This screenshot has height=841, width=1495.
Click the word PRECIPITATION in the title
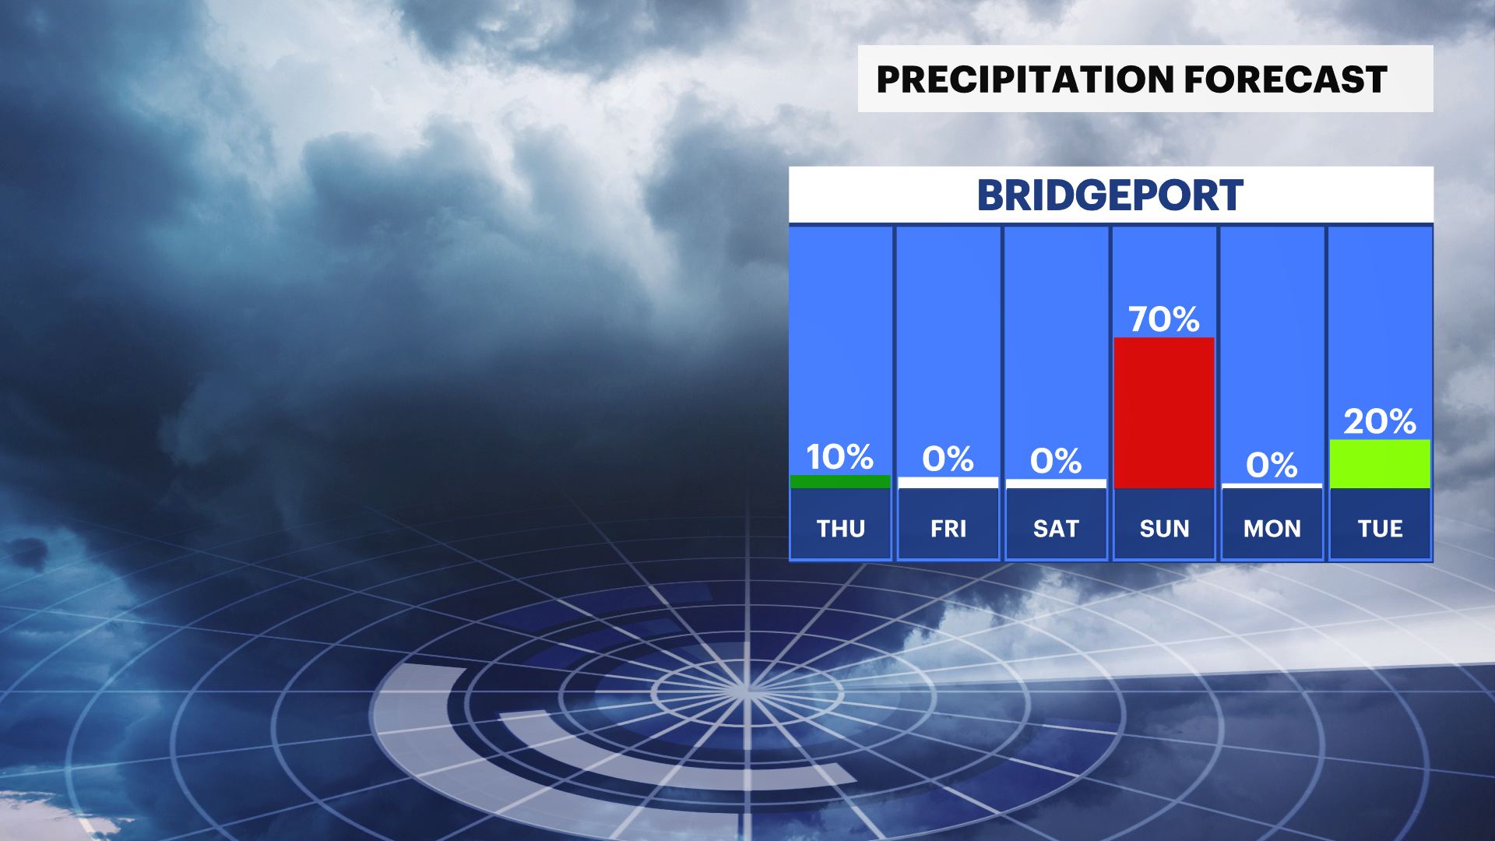pos(1025,79)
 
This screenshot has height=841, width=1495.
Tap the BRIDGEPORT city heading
pos(1110,195)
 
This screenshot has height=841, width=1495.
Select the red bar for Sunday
pos(1164,413)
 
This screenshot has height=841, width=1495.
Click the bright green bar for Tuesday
pos(1380,464)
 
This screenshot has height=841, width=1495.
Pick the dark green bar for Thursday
pos(840,481)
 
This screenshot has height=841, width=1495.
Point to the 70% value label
pos(1164,319)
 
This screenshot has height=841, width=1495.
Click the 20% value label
pos(1380,421)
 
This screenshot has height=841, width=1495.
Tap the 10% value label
pos(839,457)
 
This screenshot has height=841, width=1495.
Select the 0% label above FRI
pos(948,459)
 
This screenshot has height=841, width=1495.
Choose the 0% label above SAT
pos(1056,461)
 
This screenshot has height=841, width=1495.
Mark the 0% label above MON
pos(1272,466)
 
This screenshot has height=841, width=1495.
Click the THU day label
pos(841,529)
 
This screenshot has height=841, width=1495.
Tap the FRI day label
pos(948,529)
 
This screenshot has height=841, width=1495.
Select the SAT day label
pos(1056,529)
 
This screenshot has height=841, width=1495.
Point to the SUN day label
pos(1164,529)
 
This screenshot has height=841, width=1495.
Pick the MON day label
pos(1272,529)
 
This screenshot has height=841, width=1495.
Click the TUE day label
pos(1381,529)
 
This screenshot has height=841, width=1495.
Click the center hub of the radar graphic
pos(746,690)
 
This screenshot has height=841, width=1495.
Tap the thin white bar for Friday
pos(948,483)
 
